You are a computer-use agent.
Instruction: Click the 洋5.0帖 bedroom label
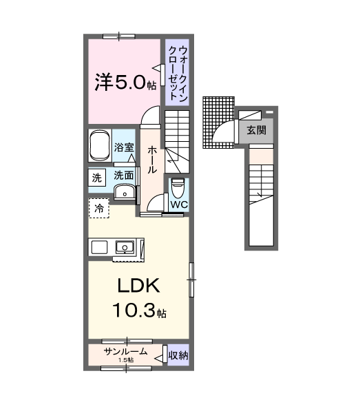click(x=125, y=82)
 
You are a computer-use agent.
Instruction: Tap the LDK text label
click(x=138, y=286)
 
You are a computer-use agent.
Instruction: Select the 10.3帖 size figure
click(x=140, y=310)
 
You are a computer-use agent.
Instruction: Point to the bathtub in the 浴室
click(x=100, y=145)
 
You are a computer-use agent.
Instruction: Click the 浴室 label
click(x=124, y=147)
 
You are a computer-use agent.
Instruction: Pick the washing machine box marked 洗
click(x=96, y=178)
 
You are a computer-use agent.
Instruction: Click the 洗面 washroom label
click(x=124, y=175)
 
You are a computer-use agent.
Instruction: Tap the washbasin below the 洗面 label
click(x=125, y=192)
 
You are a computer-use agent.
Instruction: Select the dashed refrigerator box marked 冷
click(x=99, y=208)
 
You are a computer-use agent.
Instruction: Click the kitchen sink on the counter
click(x=125, y=247)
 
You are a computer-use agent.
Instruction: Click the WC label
click(x=179, y=204)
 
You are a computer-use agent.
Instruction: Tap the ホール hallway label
click(x=153, y=160)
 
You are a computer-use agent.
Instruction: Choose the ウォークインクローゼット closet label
click(x=178, y=73)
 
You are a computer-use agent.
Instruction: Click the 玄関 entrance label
click(x=256, y=130)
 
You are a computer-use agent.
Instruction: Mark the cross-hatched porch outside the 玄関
click(x=218, y=122)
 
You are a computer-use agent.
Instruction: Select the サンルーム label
click(x=125, y=351)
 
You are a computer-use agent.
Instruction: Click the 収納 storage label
click(x=178, y=355)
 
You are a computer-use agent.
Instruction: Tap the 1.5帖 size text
click(x=126, y=360)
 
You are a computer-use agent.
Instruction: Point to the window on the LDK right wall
click(x=191, y=280)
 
